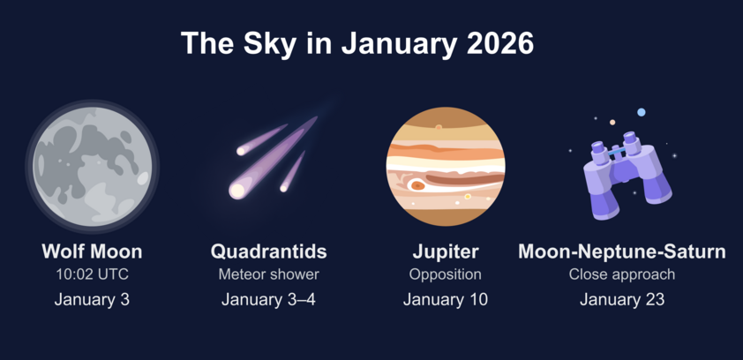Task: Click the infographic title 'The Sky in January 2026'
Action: pyautogui.click(x=357, y=43)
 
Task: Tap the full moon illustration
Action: pyautogui.click(x=93, y=166)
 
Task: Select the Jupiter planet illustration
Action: pyautogui.click(x=446, y=166)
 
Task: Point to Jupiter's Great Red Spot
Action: pyautogui.click(x=417, y=185)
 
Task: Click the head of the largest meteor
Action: pyautogui.click(x=236, y=191)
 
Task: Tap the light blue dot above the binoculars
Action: pyautogui.click(x=642, y=112)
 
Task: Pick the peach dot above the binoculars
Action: pyautogui.click(x=612, y=123)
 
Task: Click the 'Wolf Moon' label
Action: pyautogui.click(x=92, y=251)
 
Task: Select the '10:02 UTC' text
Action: pyautogui.click(x=92, y=274)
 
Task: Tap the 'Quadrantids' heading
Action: pyautogui.click(x=268, y=251)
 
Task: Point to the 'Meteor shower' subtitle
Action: pyautogui.click(x=268, y=274)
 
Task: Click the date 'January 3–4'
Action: pyautogui.click(x=268, y=299)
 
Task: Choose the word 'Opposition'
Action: pyautogui.click(x=446, y=274)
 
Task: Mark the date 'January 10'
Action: pyautogui.click(x=446, y=299)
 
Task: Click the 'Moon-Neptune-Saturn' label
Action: pyautogui.click(x=622, y=251)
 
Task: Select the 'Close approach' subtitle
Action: pyautogui.click(x=622, y=274)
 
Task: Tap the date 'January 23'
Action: pyautogui.click(x=622, y=299)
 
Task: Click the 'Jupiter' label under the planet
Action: pyautogui.click(x=446, y=252)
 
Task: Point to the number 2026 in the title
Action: pyautogui.click(x=500, y=43)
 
